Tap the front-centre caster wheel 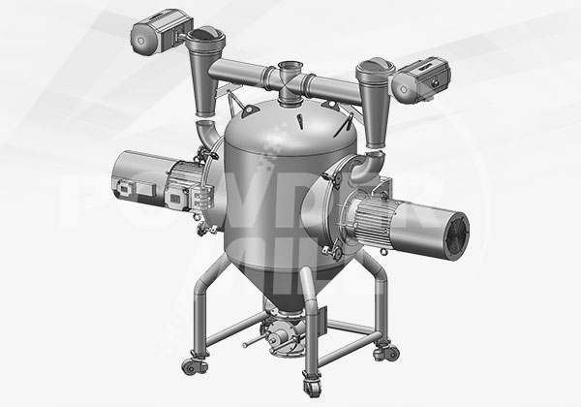[310, 380]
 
